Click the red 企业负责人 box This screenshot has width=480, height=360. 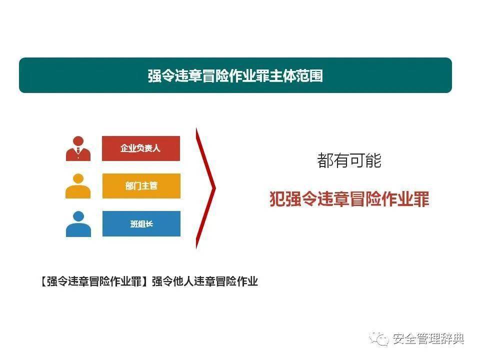tap(141, 148)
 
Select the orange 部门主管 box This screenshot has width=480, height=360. tap(141, 186)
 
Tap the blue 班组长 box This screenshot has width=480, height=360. tap(141, 224)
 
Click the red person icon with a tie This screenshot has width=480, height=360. tap(78, 148)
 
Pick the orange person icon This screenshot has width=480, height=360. tap(78, 186)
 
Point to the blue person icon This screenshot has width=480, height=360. tap(78, 224)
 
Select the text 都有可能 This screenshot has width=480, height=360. tap(349, 160)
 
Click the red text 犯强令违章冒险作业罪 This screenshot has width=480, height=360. tap(349, 199)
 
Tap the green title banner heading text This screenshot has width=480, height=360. tap(235, 75)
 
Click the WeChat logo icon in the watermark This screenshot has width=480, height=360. tap(379, 338)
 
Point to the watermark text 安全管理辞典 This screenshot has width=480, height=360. tap(428, 338)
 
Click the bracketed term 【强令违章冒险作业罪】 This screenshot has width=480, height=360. tap(93, 281)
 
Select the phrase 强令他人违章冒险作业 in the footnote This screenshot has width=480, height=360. tap(204, 281)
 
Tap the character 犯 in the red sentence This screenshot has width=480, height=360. tap(276, 199)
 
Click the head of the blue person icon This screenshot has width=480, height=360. tap(78, 217)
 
